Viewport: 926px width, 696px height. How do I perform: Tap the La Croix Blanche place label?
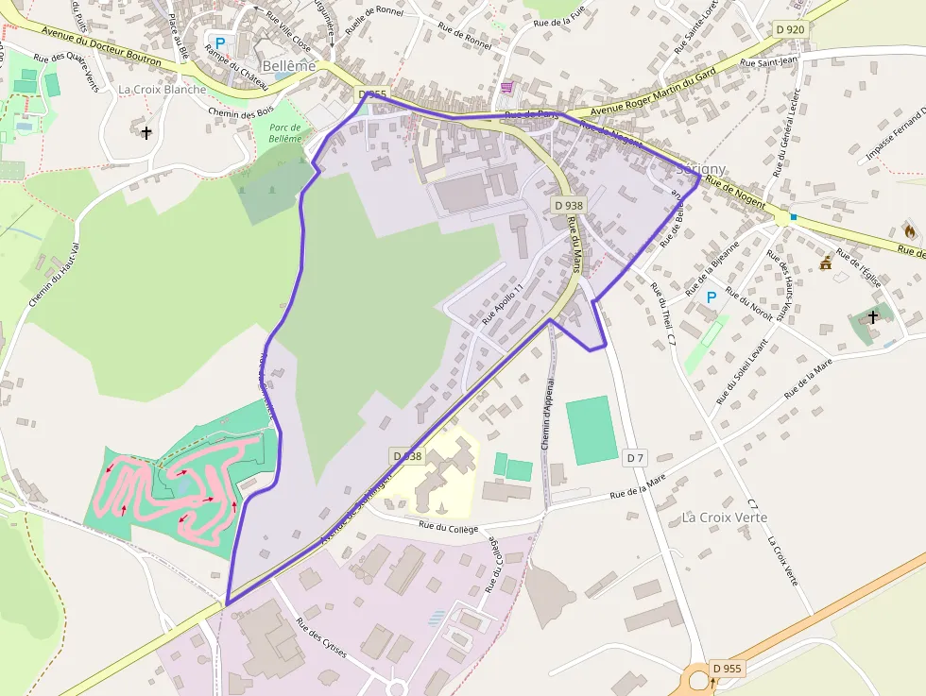(162, 90)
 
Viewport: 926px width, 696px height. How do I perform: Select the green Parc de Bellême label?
(284, 133)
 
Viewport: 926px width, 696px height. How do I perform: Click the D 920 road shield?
(790, 29)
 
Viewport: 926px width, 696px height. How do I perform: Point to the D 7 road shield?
(635, 458)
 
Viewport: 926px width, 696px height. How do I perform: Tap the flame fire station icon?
(910, 230)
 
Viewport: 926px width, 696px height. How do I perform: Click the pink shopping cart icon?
(508, 87)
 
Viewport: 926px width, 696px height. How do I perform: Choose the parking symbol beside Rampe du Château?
(220, 42)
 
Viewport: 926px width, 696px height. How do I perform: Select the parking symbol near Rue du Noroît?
(712, 297)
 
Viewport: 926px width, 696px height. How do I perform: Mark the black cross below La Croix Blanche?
(146, 132)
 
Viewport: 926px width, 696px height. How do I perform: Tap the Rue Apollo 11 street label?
(501, 304)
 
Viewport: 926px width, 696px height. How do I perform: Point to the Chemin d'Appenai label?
(547, 416)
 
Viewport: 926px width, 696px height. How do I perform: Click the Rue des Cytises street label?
(321, 638)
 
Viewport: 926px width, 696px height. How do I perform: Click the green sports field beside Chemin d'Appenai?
(592, 430)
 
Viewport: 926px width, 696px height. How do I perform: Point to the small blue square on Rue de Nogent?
(794, 217)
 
